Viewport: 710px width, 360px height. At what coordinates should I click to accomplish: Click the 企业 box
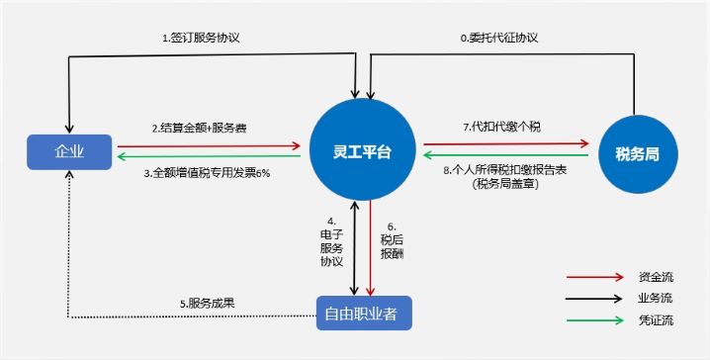tap(70, 150)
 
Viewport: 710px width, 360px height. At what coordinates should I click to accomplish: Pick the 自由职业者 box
tap(363, 314)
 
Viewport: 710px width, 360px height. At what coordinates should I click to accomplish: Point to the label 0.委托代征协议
tap(499, 38)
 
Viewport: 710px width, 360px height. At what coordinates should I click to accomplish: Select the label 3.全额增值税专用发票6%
tap(207, 172)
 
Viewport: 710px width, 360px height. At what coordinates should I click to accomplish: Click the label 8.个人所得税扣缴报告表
tap(506, 171)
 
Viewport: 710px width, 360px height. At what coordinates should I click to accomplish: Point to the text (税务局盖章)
tap(506, 184)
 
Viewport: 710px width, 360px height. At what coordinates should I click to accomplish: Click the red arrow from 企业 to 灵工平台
tap(209, 145)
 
